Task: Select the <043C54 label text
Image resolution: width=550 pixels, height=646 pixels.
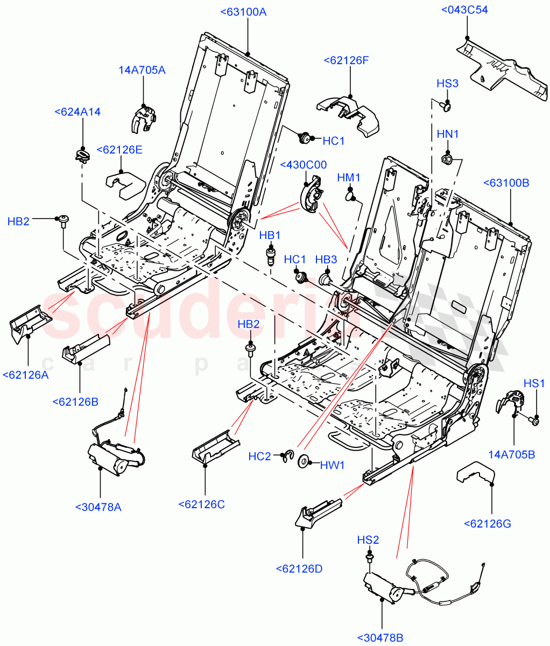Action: pos(464,10)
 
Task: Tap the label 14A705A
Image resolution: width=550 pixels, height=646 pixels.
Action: pos(142,70)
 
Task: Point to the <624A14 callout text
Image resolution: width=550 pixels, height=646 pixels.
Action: pos(77,112)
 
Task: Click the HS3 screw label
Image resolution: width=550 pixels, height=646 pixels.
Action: pos(447,83)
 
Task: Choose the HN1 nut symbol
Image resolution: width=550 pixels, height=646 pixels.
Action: pos(447,159)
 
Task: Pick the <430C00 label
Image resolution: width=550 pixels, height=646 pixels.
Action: pos(303,165)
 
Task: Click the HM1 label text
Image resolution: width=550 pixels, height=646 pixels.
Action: pos(349,177)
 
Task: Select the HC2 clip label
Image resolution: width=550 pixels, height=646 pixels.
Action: pos(260,457)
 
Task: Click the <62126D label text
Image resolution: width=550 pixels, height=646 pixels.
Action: pos(299,568)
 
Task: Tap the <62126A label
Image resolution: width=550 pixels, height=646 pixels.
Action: pos(25,375)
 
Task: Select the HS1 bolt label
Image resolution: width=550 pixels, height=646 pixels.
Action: pos(534,383)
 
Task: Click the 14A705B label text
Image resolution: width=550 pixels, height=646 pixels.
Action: pos(511,455)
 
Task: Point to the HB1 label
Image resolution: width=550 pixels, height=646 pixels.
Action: pos(270,235)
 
